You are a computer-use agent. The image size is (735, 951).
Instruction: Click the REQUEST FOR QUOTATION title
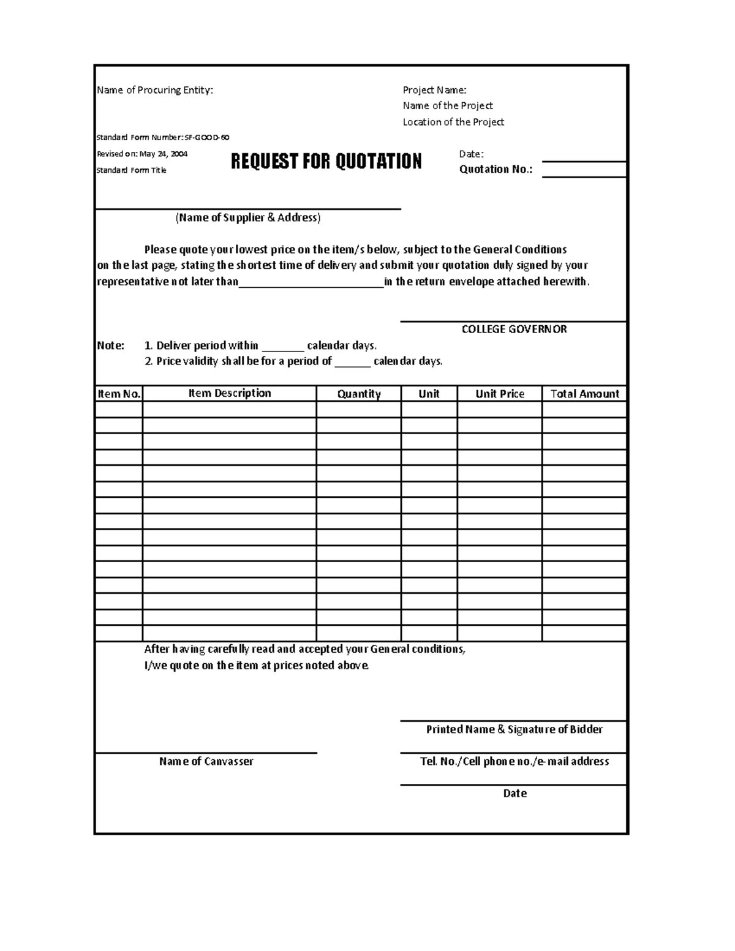coord(326,162)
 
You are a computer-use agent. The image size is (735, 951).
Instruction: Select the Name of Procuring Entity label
coord(155,90)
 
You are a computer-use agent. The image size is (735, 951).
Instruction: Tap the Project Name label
coord(434,90)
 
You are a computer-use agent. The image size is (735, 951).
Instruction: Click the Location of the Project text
coord(453,122)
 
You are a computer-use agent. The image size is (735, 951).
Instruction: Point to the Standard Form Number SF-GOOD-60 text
coord(163,138)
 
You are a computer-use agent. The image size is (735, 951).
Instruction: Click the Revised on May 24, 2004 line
coord(142,154)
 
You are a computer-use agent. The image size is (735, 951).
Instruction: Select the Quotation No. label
coord(496,170)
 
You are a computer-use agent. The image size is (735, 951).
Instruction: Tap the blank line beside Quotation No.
coord(584,170)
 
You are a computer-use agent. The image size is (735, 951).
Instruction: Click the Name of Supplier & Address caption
coord(248,217)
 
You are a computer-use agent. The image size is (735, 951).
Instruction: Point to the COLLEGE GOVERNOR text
coord(514,329)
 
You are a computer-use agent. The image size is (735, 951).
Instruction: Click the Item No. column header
coord(119,394)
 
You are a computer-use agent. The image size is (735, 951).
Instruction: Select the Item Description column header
coord(230,393)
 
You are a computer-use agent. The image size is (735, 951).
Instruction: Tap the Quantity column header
coord(359,394)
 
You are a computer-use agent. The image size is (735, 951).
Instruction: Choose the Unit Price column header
coord(500,394)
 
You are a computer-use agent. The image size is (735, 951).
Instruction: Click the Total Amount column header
coord(584,394)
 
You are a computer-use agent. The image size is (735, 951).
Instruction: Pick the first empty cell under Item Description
coord(230,409)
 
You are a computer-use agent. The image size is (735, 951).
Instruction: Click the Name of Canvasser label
coord(206,761)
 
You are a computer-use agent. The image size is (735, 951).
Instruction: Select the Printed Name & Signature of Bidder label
coord(514,729)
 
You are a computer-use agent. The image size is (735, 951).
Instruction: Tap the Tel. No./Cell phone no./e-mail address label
coord(514,761)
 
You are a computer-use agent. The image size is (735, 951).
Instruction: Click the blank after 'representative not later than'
coord(311,282)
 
